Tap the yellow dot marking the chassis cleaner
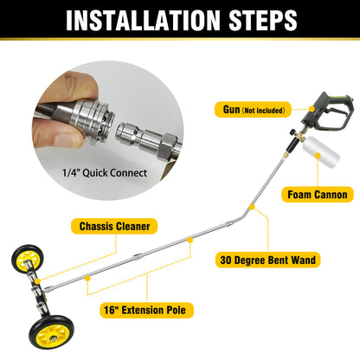[189, 239]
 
